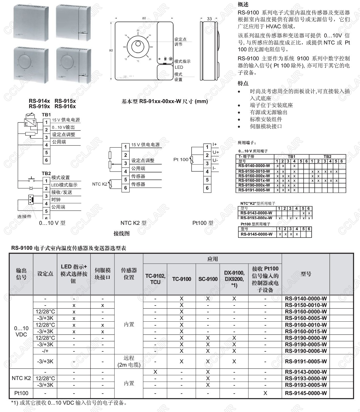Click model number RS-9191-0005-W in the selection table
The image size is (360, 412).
(x=306, y=361)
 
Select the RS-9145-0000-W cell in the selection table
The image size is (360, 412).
(x=306, y=393)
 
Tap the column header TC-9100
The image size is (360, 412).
(x=181, y=279)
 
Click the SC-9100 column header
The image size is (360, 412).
(x=208, y=279)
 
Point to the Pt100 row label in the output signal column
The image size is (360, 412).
(x=21, y=393)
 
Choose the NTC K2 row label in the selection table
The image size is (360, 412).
(x=21, y=378)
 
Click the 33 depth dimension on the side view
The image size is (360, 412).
(x=209, y=19)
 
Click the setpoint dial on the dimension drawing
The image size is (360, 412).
(x=138, y=46)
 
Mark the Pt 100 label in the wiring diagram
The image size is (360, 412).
(x=181, y=159)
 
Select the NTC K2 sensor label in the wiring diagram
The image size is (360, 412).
(x=100, y=184)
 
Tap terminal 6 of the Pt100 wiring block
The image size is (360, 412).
(x=207, y=188)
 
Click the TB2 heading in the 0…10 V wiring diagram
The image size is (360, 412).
(x=46, y=173)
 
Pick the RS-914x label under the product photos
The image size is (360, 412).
(x=39, y=101)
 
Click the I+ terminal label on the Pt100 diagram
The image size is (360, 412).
(x=215, y=144)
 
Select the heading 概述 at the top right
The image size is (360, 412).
(x=243, y=4)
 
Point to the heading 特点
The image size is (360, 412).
(x=243, y=83)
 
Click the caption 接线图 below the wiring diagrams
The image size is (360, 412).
(x=121, y=233)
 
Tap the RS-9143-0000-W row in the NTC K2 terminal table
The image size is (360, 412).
(x=256, y=213)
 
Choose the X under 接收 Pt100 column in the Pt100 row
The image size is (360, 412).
(x=265, y=393)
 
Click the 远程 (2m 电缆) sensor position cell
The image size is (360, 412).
(x=129, y=361)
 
